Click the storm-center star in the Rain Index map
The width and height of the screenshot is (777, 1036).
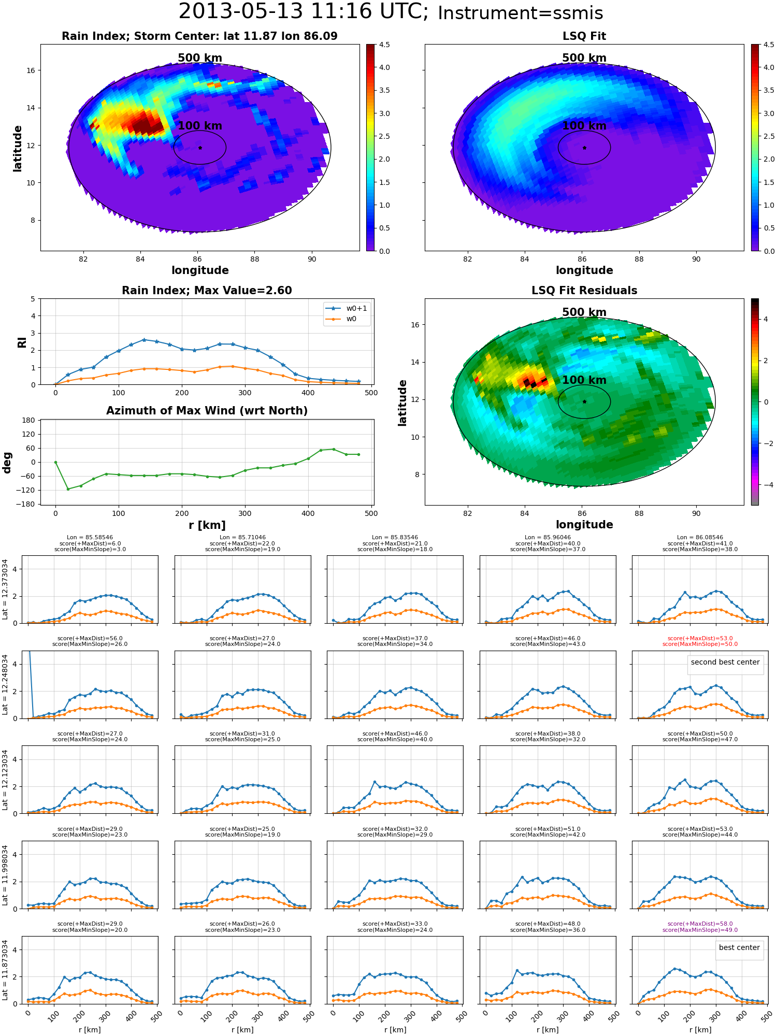click(200, 148)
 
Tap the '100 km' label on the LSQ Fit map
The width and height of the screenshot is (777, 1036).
click(584, 126)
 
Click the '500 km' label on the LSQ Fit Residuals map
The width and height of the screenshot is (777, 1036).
click(584, 312)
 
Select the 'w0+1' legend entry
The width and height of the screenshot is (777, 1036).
click(347, 309)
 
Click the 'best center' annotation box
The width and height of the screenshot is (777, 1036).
click(739, 947)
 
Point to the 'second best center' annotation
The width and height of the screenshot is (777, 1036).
click(725, 662)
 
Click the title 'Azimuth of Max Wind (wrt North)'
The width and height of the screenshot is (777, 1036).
click(207, 411)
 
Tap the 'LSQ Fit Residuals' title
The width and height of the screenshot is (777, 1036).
click(584, 291)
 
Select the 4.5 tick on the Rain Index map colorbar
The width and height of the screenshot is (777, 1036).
click(384, 45)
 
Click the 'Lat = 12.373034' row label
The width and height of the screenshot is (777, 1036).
click(5, 589)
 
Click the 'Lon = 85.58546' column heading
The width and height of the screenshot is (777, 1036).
click(90, 538)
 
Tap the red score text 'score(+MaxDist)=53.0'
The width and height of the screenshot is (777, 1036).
click(700, 639)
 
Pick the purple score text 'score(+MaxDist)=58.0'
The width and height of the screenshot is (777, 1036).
click(700, 924)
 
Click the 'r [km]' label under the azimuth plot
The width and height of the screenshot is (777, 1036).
click(207, 525)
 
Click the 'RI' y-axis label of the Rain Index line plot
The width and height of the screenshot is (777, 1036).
click(22, 342)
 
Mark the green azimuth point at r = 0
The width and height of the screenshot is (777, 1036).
click(55, 462)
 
